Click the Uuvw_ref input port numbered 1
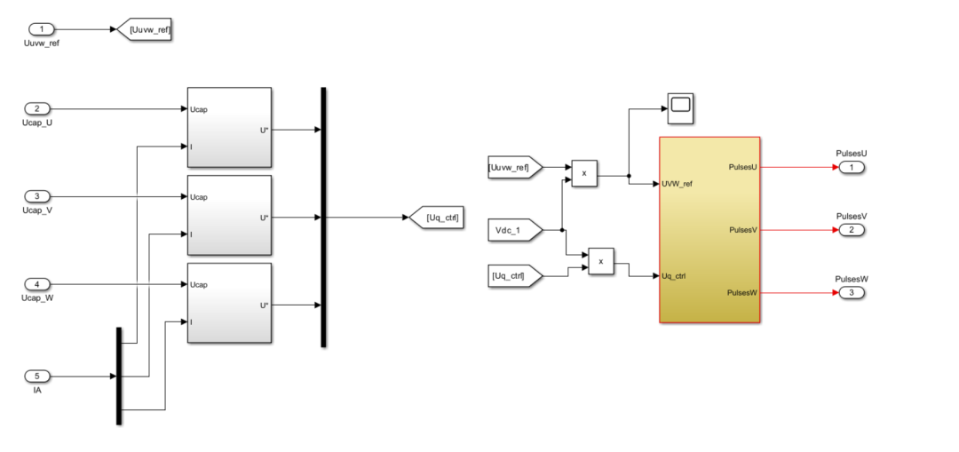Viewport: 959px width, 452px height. pyautogui.click(x=41, y=29)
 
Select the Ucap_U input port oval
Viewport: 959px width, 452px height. pyautogui.click(x=36, y=109)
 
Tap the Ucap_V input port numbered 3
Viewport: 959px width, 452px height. pyautogui.click(x=36, y=196)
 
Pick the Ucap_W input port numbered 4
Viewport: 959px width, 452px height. pyautogui.click(x=36, y=284)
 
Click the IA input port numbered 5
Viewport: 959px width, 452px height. pyautogui.click(x=36, y=376)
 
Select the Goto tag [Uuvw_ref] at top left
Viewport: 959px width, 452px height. pyautogui.click(x=145, y=30)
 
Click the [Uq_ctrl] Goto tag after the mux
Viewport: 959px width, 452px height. pyautogui.click(x=434, y=218)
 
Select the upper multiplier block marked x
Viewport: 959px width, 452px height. pyautogui.click(x=584, y=174)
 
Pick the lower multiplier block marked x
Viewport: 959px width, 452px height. pyautogui.click(x=601, y=261)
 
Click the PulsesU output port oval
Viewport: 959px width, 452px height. pyautogui.click(x=851, y=167)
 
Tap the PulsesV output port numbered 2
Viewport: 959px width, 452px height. pyautogui.click(x=851, y=230)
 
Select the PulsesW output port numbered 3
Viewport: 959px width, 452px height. pyautogui.click(x=851, y=293)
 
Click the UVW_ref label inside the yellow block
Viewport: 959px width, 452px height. pyautogui.click(x=678, y=184)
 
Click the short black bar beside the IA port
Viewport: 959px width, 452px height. pyautogui.click(x=118, y=376)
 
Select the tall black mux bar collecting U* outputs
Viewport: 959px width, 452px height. pyautogui.click(x=323, y=218)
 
